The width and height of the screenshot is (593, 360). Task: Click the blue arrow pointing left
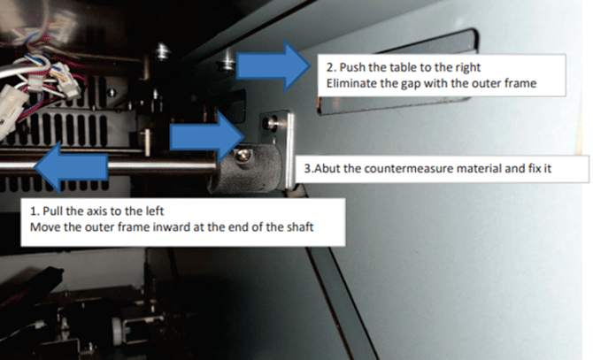[71, 166]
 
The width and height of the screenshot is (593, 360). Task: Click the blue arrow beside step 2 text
[273, 65]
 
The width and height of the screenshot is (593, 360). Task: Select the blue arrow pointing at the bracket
[207, 137]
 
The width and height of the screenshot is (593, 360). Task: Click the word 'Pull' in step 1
[52, 211]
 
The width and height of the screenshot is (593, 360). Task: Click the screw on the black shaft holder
[243, 154]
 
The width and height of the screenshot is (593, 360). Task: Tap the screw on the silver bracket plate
[271, 122]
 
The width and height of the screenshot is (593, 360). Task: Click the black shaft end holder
[249, 166]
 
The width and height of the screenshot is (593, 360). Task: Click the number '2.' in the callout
[331, 67]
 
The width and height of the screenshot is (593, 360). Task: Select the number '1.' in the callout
[34, 211]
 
